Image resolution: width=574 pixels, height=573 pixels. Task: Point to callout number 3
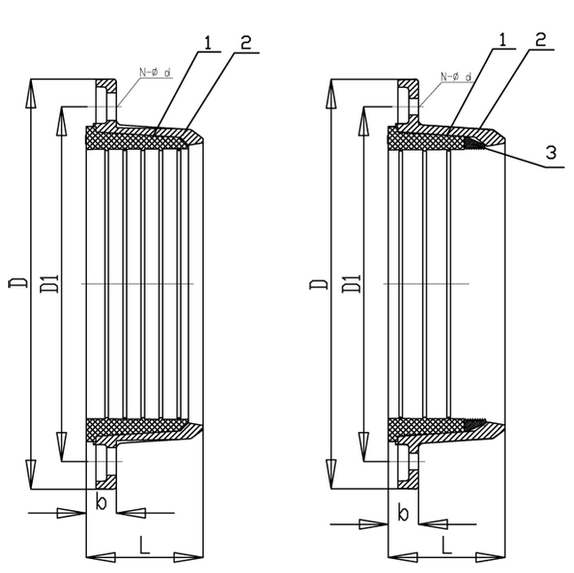(x=550, y=153)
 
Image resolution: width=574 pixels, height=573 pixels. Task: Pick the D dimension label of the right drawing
(x=320, y=283)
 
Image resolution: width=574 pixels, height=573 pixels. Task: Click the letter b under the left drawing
(x=101, y=504)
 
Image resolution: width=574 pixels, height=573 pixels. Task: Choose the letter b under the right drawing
(x=403, y=514)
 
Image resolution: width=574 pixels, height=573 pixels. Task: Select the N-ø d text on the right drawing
(x=455, y=77)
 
